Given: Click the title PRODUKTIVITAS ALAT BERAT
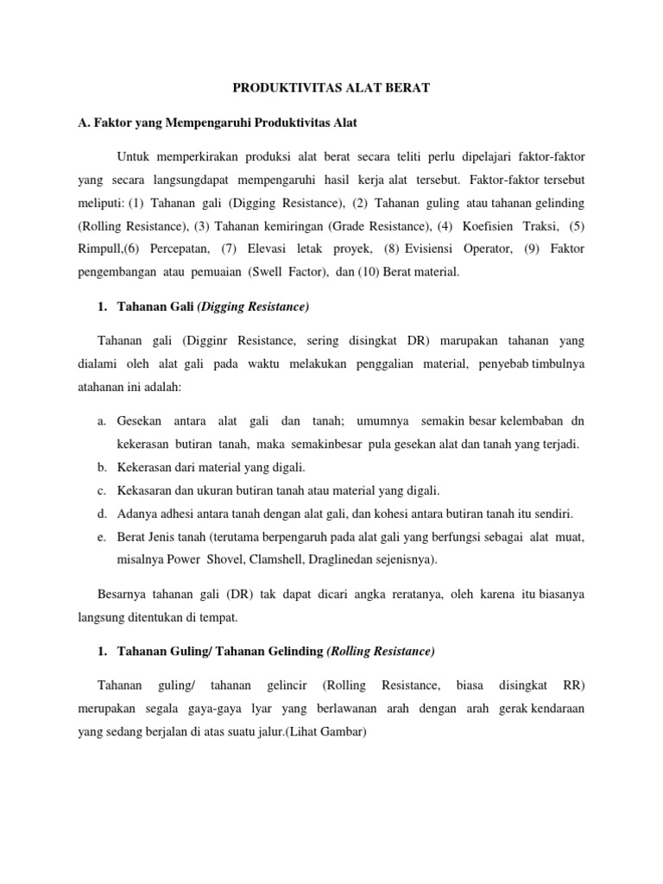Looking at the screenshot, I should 331,87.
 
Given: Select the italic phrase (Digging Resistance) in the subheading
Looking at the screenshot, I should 253,306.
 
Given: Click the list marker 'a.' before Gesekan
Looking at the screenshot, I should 102,420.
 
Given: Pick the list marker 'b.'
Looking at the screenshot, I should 102,467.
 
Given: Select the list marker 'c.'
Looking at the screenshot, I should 102,490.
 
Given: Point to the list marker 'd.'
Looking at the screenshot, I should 102,514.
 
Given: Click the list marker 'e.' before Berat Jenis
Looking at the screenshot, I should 102,537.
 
